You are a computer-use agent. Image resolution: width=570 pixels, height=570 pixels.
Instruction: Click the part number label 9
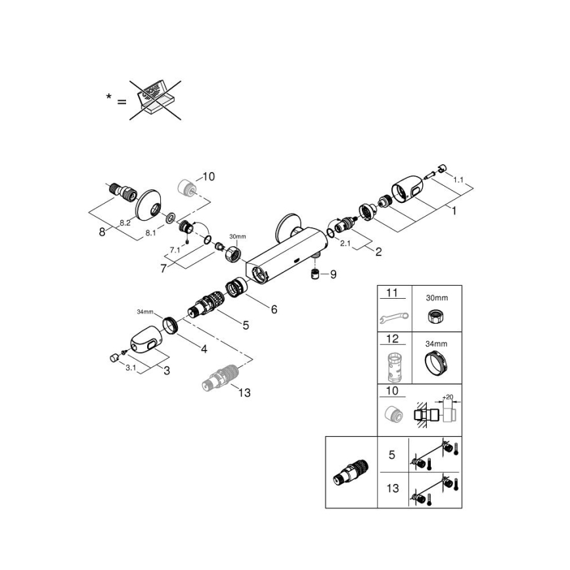point(333,274)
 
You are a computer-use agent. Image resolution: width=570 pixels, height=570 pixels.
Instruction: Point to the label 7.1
point(174,250)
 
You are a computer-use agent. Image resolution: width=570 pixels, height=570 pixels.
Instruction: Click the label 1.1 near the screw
point(458,179)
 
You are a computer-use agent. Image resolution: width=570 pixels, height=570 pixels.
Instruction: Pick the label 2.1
point(346,244)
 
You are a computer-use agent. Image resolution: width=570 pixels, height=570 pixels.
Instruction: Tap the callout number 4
point(204,349)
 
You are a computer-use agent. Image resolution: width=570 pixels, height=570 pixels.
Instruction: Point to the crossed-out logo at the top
point(156,98)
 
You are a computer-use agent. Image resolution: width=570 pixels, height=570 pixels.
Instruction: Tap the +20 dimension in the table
point(449,397)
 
